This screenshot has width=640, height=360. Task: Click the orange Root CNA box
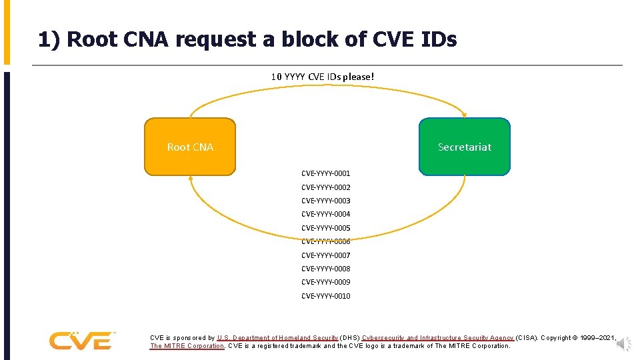[190, 147]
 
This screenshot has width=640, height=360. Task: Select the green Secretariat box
[464, 147]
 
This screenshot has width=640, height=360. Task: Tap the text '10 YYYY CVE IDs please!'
[323, 77]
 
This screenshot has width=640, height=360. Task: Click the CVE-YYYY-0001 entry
[325, 173]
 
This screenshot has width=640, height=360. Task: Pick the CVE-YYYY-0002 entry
[325, 187]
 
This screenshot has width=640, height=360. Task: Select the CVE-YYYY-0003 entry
[325, 201]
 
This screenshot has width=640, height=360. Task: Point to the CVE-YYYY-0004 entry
[325, 214]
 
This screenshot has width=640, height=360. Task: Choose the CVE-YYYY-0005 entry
[325, 228]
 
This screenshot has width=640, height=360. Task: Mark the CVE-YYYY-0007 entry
[325, 255]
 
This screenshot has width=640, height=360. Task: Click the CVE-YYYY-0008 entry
[325, 269]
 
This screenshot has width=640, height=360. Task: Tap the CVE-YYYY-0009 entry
[325, 282]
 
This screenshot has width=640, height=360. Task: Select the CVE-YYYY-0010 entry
[325, 296]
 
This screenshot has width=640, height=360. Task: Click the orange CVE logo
[81, 341]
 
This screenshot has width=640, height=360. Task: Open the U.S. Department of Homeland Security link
[277, 338]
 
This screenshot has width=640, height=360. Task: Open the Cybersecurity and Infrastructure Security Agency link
[437, 338]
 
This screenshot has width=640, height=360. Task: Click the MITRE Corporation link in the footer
[187, 346]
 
